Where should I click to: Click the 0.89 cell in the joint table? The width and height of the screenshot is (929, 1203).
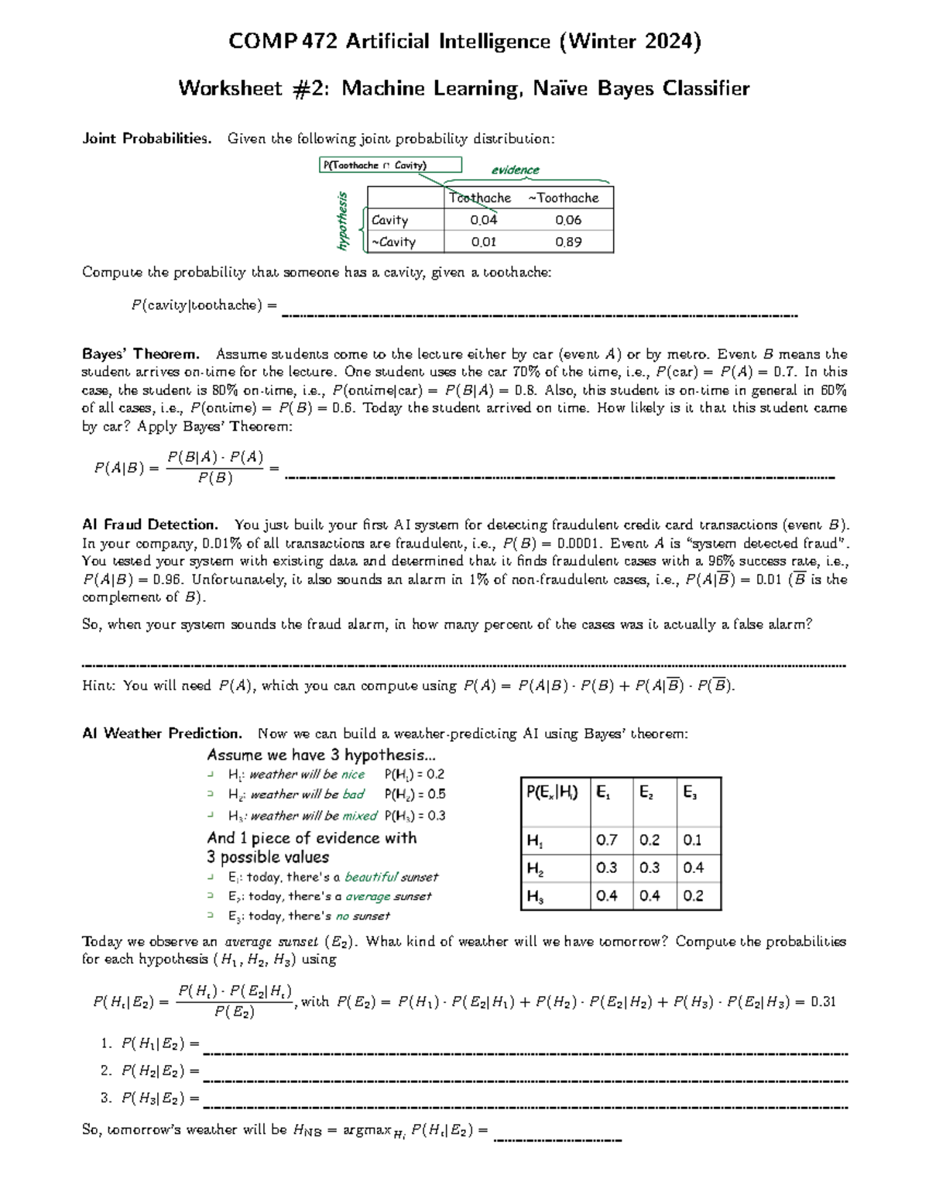pos(568,242)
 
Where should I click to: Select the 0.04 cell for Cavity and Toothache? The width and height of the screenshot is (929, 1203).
pos(483,220)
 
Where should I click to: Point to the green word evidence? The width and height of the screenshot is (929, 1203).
pos(515,170)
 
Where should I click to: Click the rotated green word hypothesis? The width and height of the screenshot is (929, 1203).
pos(341,221)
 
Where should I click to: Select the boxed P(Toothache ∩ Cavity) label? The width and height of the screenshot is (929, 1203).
pos(391,165)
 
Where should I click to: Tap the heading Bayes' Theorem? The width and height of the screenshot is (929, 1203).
pos(141,354)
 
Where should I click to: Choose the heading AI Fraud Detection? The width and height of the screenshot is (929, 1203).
pos(150,524)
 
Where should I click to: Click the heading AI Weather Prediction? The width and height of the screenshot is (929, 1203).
pos(162,733)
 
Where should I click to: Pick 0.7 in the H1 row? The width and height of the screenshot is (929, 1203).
pos(606,840)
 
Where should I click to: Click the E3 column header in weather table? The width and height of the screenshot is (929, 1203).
pos(690,792)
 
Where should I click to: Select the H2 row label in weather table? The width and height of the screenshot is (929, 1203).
pos(535,869)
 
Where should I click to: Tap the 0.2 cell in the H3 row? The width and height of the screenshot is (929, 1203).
pos(693,896)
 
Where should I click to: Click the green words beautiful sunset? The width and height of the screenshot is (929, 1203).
pos(391,877)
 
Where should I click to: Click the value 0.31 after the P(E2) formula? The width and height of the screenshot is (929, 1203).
pos(823,1002)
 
